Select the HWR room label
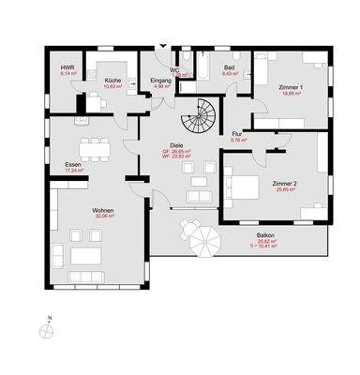point(67,68)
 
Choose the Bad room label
point(230,68)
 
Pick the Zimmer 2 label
point(281,184)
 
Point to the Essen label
point(72,165)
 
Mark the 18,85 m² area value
point(292,93)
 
